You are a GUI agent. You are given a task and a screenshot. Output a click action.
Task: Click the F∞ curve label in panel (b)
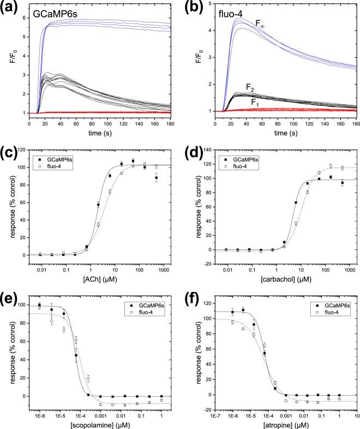[262, 23]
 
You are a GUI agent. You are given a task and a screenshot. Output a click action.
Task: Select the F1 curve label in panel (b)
[255, 102]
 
